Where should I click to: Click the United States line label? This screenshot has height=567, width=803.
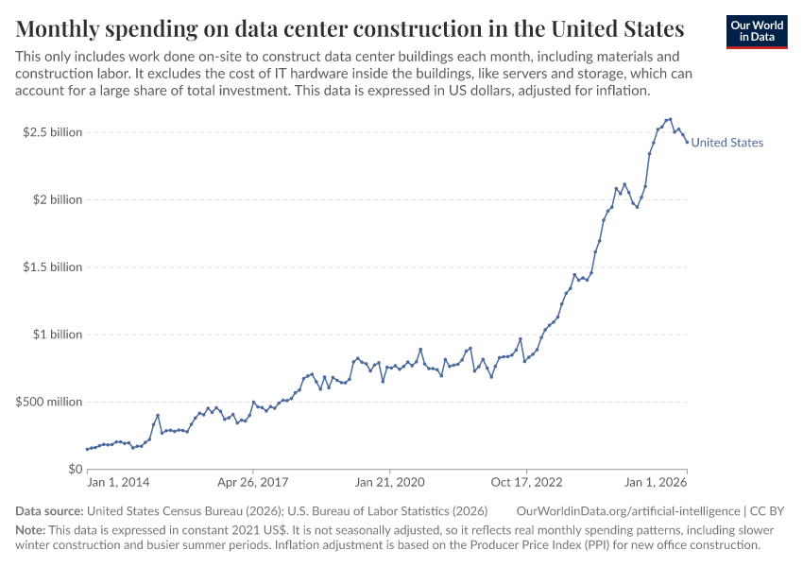726,143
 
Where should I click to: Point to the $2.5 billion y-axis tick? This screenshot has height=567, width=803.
53,132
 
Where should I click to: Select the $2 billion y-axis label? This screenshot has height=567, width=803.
57,199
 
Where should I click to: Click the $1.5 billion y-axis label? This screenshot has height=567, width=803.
53,267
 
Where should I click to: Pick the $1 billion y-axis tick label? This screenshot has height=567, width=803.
57,335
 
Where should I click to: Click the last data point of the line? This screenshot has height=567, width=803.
687,142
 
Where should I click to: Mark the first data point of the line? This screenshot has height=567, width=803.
87,449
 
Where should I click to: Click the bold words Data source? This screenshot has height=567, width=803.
48,510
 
